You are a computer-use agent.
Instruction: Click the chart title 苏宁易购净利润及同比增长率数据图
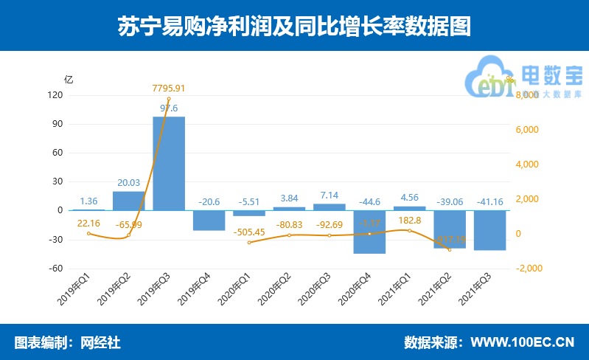pos(294,27)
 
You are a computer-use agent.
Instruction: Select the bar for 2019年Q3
pos(169,163)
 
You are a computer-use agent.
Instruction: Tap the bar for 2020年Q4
pos(369,232)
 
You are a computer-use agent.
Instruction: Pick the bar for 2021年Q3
pos(489,230)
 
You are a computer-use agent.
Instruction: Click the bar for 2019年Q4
pos(209,221)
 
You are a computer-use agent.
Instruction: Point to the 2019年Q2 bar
pos(129,201)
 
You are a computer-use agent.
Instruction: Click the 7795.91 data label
pos(168,89)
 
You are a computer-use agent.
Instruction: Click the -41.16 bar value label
pos(489,201)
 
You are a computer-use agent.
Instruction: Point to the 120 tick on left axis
pos(55,95)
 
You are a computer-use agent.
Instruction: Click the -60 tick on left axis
pos(55,269)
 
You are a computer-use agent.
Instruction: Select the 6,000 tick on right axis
pos(528,130)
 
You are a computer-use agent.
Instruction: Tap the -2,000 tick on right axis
pos(528,269)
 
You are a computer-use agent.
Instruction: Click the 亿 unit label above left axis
pos(69,80)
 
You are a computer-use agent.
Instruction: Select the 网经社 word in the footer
pos(100,342)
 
